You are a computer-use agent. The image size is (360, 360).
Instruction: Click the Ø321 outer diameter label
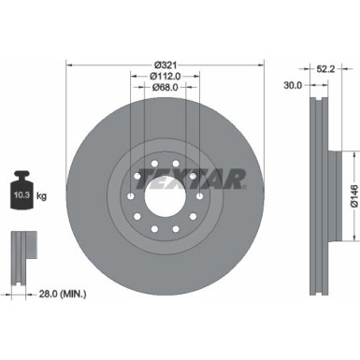166,65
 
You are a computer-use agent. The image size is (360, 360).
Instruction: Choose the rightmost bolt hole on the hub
200,197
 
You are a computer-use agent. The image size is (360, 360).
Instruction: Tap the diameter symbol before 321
156,65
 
